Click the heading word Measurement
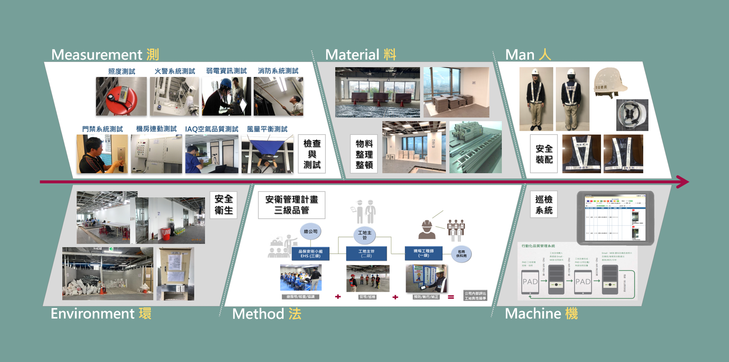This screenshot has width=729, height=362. pos(97,55)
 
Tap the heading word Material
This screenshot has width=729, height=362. pos(352,55)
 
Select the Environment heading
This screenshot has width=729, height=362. pos(93,314)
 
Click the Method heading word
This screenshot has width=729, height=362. pos(258,314)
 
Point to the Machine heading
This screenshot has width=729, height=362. pos(533,314)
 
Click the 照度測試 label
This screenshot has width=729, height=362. pos(122,71)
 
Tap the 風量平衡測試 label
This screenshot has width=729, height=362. pos(267,129)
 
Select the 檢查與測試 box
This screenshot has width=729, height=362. pos(312,154)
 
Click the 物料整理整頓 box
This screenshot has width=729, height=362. pos(364,154)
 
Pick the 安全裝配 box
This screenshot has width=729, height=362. pos(544,154)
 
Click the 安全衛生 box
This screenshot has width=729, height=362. pos(223,205)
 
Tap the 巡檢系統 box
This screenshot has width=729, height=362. pos(544,205)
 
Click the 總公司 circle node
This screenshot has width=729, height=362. pos(311,231)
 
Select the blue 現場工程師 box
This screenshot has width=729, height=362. pos(424,253)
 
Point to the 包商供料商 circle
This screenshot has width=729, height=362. pos(461,254)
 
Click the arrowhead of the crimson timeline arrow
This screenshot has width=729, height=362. pos(683,182)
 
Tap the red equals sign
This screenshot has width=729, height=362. pos(451,297)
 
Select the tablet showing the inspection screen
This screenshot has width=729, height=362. pos(615,218)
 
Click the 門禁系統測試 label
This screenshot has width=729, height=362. pos(102,129)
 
